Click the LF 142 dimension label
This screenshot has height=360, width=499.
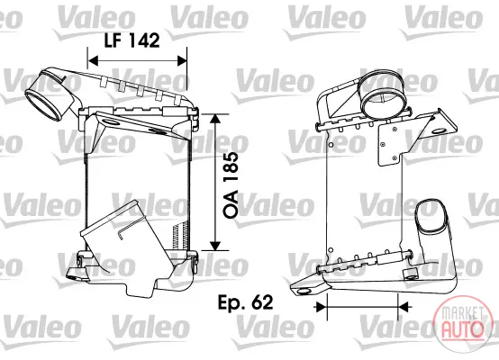pyautogui.click(x=132, y=40)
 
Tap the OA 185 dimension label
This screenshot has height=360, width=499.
pyautogui.click(x=231, y=185)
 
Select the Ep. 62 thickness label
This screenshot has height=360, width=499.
pyautogui.click(x=245, y=302)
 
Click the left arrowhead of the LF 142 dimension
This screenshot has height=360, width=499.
pyautogui.click(x=93, y=60)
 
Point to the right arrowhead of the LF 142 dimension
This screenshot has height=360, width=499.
pyautogui.click(x=182, y=60)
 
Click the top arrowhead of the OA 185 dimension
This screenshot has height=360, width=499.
pyautogui.click(x=215, y=119)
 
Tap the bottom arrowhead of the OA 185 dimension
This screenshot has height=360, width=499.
pyautogui.click(x=215, y=246)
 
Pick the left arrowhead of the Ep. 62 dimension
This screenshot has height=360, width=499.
pyautogui.click(x=321, y=307)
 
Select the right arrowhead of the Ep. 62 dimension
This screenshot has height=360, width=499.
pyautogui.click(x=404, y=307)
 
